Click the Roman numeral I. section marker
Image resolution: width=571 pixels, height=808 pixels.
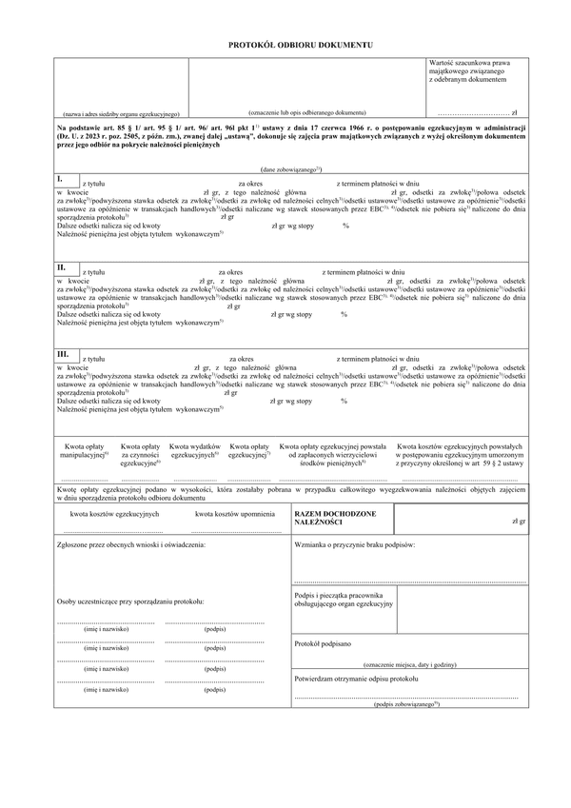(60, 178)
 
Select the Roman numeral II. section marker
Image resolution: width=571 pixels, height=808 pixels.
(62, 268)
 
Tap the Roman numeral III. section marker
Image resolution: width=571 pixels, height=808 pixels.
(64, 354)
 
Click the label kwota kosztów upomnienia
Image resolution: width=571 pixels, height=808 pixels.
(227, 514)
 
